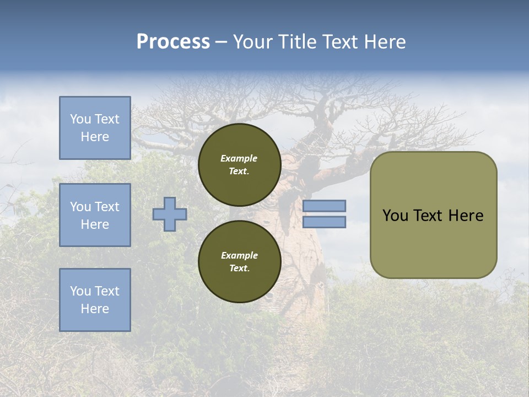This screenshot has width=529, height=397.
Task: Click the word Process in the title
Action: tap(173, 41)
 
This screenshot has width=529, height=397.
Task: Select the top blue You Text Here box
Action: tap(95, 128)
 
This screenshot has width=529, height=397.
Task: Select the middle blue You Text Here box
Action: tap(95, 215)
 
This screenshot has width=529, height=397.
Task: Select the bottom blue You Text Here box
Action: tap(95, 300)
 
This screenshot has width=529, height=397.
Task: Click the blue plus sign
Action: tap(170, 214)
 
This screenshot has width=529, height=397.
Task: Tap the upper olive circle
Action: tap(239, 164)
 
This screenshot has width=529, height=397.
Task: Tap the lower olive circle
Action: tap(239, 261)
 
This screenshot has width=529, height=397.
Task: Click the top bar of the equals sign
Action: tap(324, 206)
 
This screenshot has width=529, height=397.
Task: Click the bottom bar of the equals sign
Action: tap(324, 222)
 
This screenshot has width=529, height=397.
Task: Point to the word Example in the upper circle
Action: tap(239, 158)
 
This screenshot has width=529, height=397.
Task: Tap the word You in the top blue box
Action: tap(80, 119)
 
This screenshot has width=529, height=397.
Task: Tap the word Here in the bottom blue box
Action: tap(95, 309)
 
